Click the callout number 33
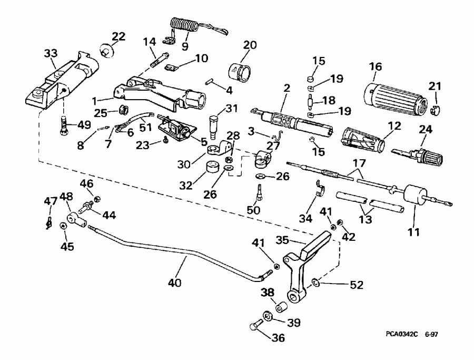51,54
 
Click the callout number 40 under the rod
175,283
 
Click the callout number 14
150,42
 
